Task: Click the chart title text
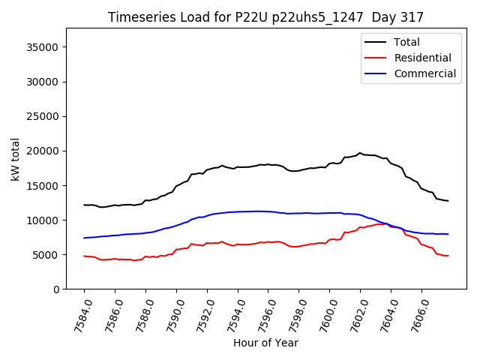coord(265,17)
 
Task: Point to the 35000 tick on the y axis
coord(44,47)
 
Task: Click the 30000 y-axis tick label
coord(44,82)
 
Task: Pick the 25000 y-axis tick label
coord(44,116)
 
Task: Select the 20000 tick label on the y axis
coord(44,151)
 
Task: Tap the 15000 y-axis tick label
coord(44,185)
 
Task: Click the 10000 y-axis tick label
coord(44,220)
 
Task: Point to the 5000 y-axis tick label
coord(47,254)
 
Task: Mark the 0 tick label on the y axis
coord(56,289)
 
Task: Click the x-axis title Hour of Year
coord(265,343)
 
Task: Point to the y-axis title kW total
coord(15,159)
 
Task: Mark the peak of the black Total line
coord(360,153)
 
